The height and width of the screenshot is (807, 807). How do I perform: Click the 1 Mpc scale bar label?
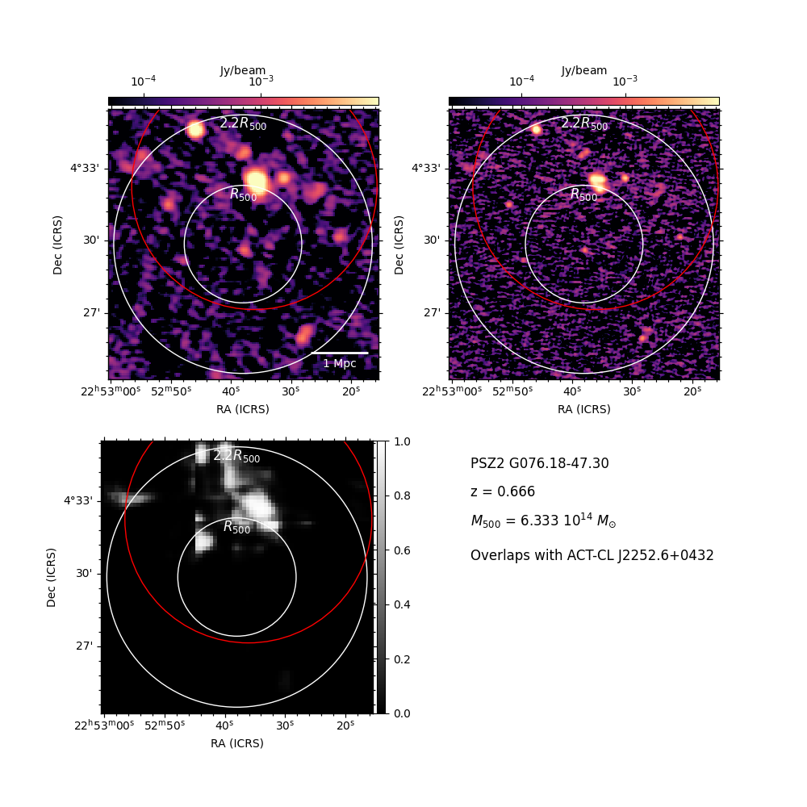340,363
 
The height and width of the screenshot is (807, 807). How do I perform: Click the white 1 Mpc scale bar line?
340,353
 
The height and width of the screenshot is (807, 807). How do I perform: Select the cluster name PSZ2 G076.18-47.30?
539,463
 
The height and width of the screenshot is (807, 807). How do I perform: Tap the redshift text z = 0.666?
503,491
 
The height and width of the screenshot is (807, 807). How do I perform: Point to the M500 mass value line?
543,521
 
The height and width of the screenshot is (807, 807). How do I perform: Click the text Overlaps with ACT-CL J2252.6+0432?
592,555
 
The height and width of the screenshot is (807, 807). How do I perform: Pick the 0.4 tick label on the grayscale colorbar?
402,604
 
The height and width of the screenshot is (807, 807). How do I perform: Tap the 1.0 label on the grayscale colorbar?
402,441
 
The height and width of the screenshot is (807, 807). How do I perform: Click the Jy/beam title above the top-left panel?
243,70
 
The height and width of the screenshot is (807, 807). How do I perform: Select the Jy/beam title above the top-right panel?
584,70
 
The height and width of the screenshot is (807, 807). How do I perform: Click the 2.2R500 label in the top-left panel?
243,123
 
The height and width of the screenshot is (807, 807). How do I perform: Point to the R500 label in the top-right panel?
584,194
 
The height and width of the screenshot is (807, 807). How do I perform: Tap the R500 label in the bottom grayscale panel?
236,527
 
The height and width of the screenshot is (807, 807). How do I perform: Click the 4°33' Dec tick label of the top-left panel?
85,169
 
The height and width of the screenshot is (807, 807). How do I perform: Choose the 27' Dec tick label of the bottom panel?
85,646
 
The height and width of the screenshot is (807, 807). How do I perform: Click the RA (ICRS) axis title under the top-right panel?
584,409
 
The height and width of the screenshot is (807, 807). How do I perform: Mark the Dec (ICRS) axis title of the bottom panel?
51,578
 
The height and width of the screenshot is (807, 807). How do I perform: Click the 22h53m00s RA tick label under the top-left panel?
111,391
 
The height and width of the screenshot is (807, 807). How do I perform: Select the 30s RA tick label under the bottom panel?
284,725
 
